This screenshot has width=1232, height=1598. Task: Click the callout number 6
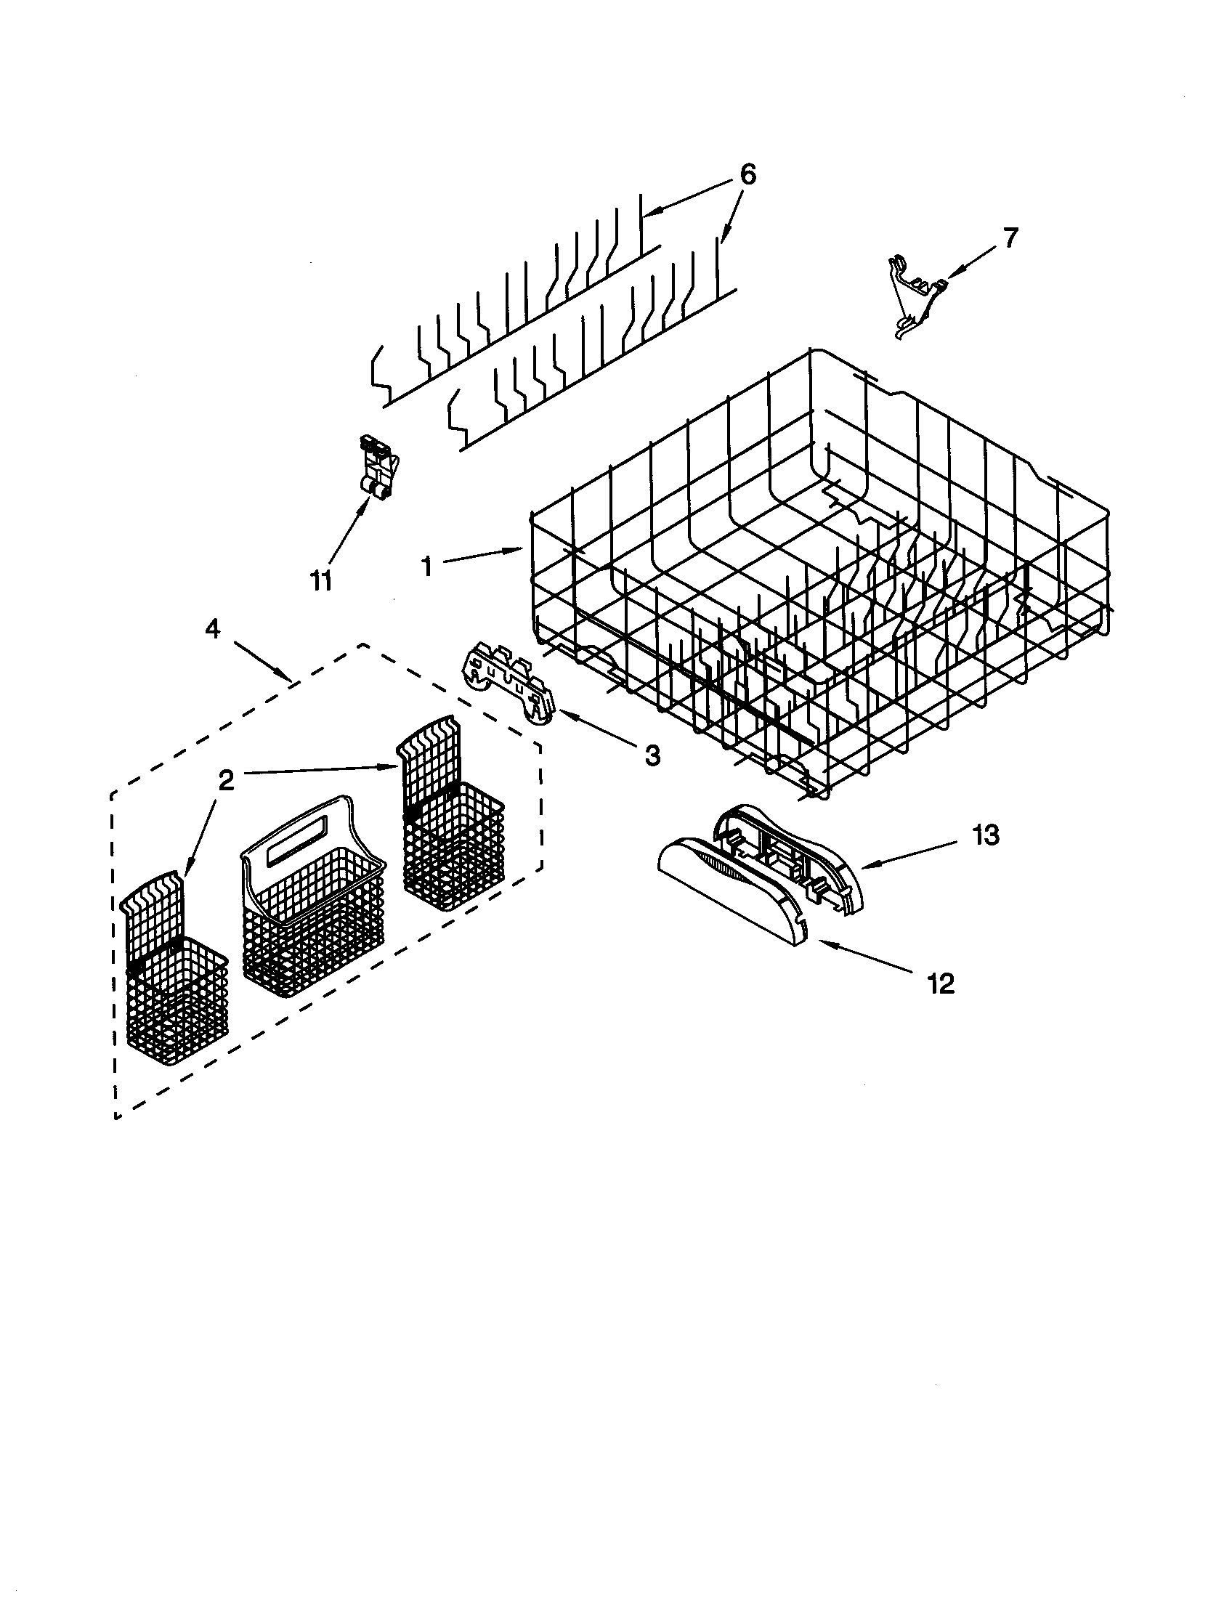pyautogui.click(x=746, y=175)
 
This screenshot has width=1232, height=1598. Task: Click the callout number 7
pyautogui.click(x=1010, y=238)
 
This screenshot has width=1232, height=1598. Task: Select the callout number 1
pyautogui.click(x=426, y=566)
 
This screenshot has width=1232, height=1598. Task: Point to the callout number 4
pyautogui.click(x=211, y=628)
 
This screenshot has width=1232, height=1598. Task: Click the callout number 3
pyautogui.click(x=651, y=755)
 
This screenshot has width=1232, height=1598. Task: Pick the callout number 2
pyautogui.click(x=226, y=781)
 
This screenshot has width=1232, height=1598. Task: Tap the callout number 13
pyautogui.click(x=986, y=835)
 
